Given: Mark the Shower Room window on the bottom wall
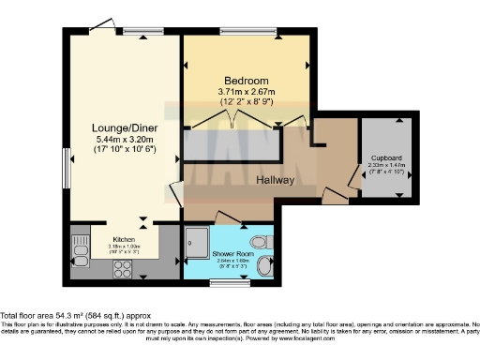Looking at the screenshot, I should tap(221, 278).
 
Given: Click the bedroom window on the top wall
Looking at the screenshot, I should tap(248, 34).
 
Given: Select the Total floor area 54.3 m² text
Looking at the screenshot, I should tap(75, 317).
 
